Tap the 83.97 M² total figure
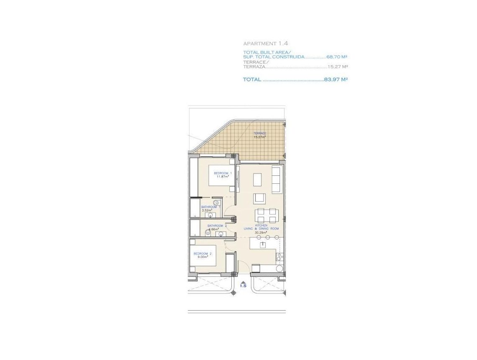(x=336, y=79)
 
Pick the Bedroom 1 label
(x=223, y=175)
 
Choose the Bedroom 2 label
(x=203, y=255)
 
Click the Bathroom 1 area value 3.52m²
(x=207, y=210)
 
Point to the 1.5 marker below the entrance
(x=243, y=286)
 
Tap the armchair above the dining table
(x=259, y=198)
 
